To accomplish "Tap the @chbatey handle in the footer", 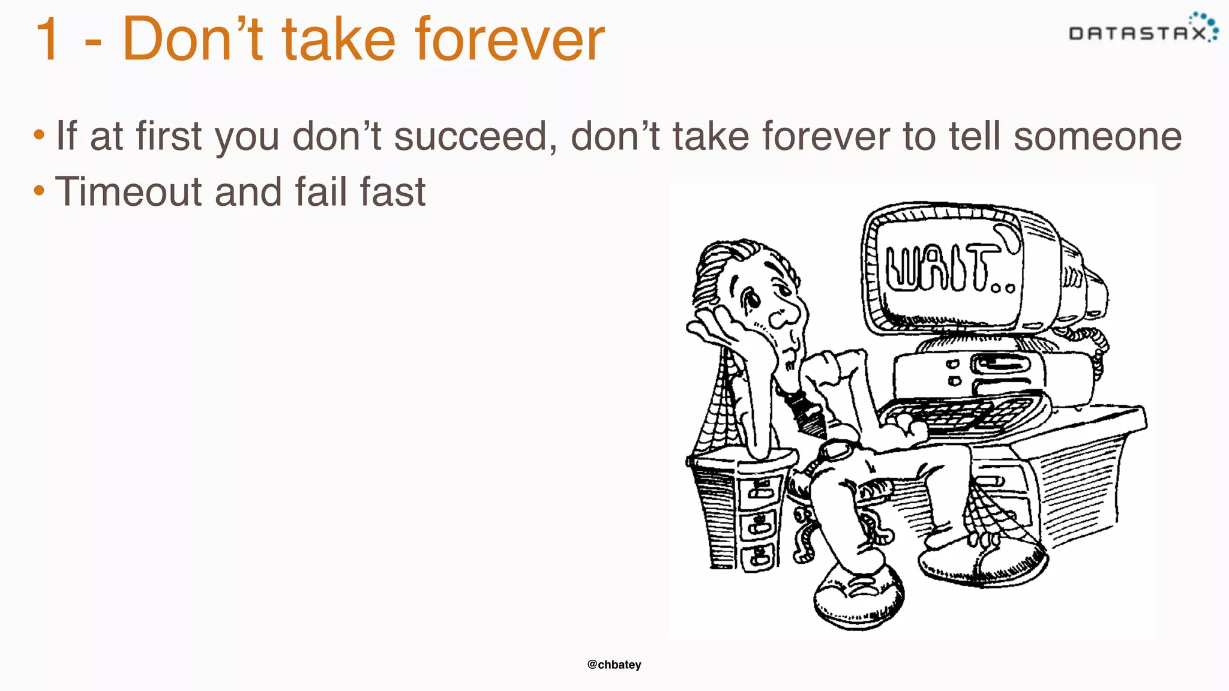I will [x=614, y=665].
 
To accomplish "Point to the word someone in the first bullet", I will [x=1098, y=137].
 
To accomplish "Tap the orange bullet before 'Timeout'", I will [x=39, y=191].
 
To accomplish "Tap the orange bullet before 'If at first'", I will [x=39, y=136].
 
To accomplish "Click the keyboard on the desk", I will [x=960, y=414].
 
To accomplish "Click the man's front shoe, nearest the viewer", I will [x=858, y=594].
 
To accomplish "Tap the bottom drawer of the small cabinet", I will [x=759, y=555].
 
